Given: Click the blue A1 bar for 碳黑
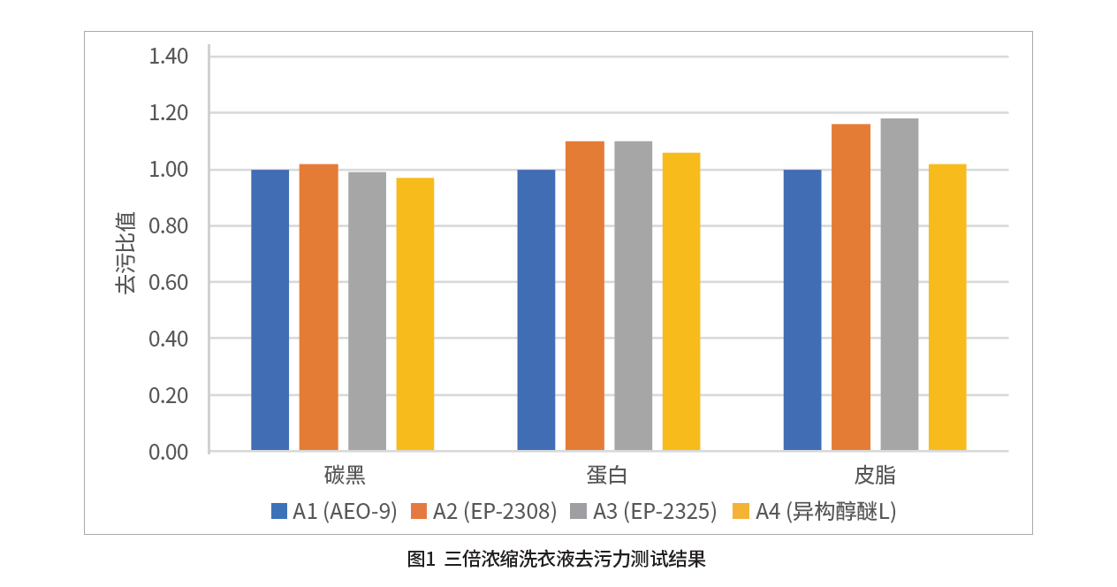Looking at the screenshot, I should tap(270, 309).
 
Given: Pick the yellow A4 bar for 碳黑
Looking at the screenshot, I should tap(414, 314).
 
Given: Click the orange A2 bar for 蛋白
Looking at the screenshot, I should tap(585, 296).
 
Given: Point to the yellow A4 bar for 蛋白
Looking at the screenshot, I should tap(681, 301).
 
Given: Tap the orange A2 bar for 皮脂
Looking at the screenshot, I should tap(851, 287).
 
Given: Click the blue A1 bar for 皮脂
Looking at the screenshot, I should tap(802, 309).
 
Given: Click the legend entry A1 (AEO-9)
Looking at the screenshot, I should tap(335, 511).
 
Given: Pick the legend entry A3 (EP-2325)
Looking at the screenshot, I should tap(645, 511).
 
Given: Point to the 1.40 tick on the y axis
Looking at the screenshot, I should tap(169, 57).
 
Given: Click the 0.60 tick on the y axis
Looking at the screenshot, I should tap(169, 283).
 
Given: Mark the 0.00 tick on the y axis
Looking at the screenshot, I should tap(169, 452).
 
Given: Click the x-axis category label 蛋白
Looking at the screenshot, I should tap(607, 476).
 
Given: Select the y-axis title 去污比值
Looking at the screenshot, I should tap(125, 252).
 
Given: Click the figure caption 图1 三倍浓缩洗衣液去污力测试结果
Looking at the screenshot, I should tap(557, 560).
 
